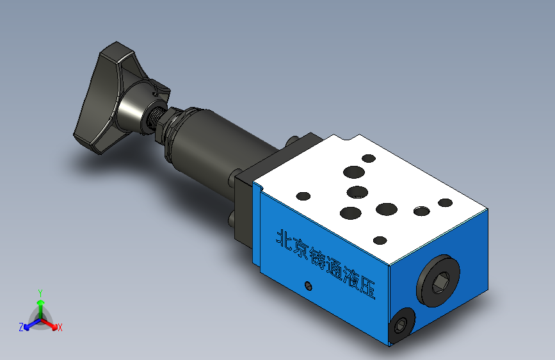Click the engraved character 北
click(282, 238)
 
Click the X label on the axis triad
click(60, 327)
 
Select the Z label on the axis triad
click(21, 327)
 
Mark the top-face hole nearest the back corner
click(368, 158)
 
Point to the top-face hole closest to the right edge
click(445, 203)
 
